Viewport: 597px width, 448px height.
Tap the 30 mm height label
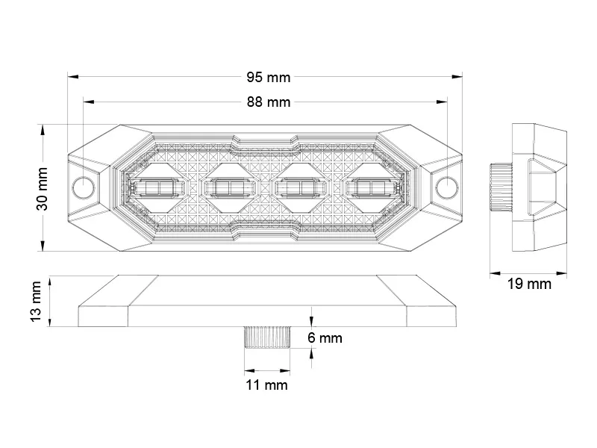(43, 189)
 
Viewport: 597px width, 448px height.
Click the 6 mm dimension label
(325, 338)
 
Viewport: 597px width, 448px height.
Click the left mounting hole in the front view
(81, 186)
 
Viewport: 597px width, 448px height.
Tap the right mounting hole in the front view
(446, 186)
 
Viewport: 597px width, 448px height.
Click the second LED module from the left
(231, 187)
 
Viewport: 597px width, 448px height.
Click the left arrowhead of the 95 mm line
(71, 77)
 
